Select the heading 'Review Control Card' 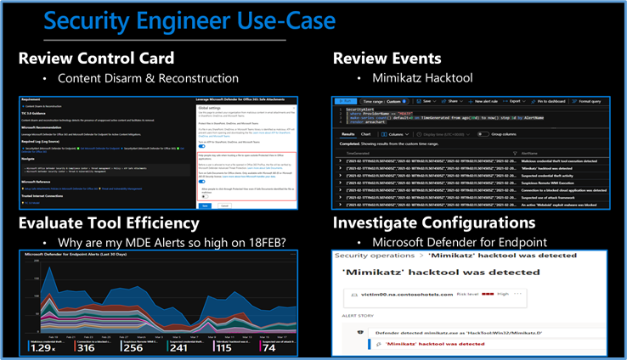coord(96,58)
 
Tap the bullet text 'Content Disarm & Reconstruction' coord(148,78)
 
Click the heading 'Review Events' coord(387,58)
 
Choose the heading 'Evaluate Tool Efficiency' coord(109,223)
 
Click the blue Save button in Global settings coord(204,205)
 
